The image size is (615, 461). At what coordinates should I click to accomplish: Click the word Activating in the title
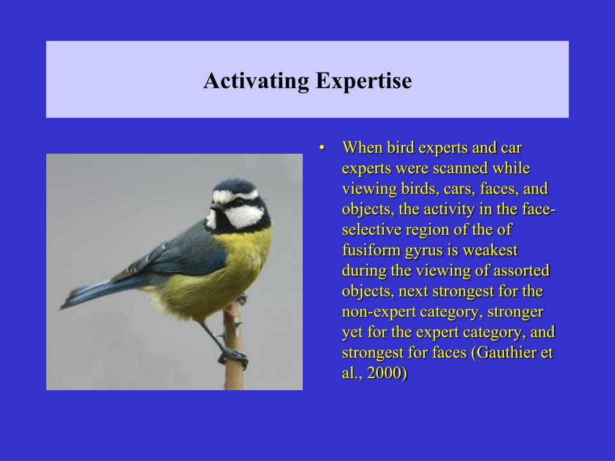pyautogui.click(x=256, y=81)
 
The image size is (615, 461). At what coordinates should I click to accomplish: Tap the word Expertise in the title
pyautogui.click(x=363, y=81)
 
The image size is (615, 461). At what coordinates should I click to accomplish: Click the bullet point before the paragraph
pyautogui.click(x=322, y=148)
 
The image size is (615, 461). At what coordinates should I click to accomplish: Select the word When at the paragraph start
pyautogui.click(x=362, y=148)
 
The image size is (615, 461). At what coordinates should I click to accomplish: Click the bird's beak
pyautogui.click(x=214, y=206)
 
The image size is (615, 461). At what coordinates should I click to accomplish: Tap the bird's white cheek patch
pyautogui.click(x=244, y=216)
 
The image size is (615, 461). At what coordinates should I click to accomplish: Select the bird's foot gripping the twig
pyautogui.click(x=234, y=357)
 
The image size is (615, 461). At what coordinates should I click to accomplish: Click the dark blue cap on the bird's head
pyautogui.click(x=235, y=186)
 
